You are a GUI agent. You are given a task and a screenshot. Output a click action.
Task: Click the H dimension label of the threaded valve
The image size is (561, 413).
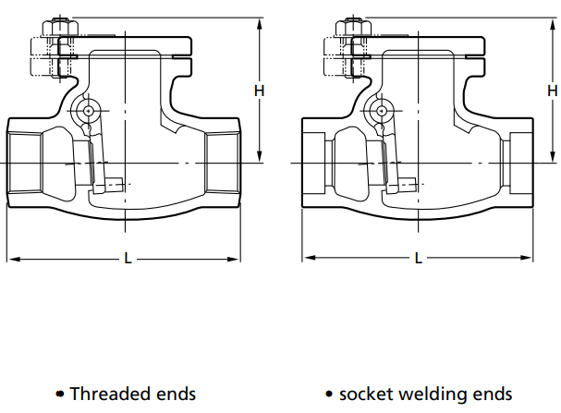tap(260, 91)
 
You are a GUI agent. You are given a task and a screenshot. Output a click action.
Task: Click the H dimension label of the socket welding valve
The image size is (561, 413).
tap(553, 91)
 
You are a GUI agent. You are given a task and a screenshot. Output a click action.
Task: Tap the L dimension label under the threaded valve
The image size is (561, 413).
tap(128, 259)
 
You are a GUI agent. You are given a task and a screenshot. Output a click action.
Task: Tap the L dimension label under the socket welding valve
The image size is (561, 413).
tap(419, 259)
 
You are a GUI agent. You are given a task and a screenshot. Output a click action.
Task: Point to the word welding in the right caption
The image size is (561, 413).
tap(433, 394)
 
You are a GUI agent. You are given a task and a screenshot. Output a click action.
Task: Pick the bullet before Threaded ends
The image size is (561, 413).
tap(60, 395)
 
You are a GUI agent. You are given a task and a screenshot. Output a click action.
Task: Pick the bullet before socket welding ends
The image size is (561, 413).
tap(329, 395)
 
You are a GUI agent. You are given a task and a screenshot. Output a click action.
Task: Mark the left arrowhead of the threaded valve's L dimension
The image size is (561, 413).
tap(11, 259)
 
